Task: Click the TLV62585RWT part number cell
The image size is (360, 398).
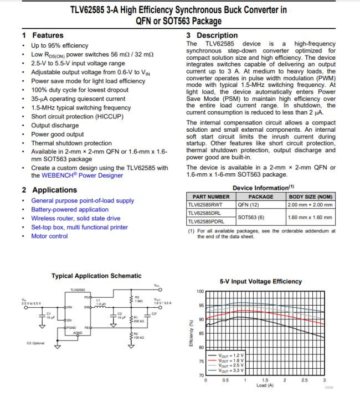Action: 208,204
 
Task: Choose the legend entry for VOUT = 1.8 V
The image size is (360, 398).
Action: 231,360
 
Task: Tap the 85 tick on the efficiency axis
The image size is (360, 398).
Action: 201,333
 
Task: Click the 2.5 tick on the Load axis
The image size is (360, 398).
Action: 305,380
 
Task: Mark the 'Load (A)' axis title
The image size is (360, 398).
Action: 265,385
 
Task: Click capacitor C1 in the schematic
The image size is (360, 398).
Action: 42,316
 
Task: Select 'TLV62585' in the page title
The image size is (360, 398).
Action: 92,10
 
